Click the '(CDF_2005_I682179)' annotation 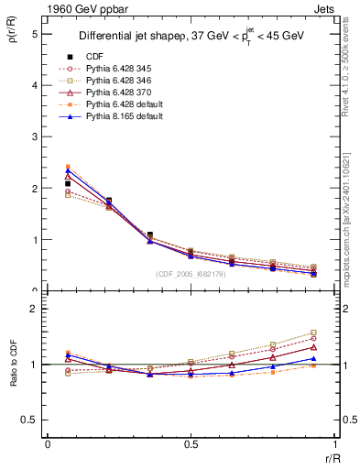(191, 273)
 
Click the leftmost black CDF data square (68, 184)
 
